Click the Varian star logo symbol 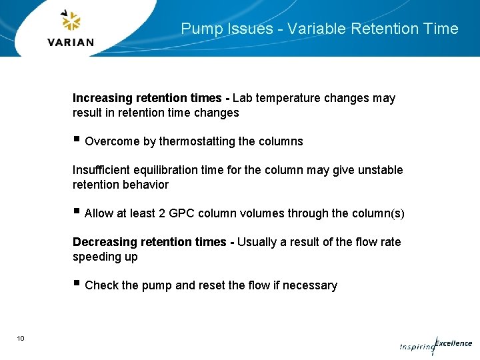[71, 21]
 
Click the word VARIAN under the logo [71, 42]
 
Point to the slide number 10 [21, 339]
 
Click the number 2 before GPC [162, 213]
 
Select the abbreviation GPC [181, 213]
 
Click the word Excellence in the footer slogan [454, 343]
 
